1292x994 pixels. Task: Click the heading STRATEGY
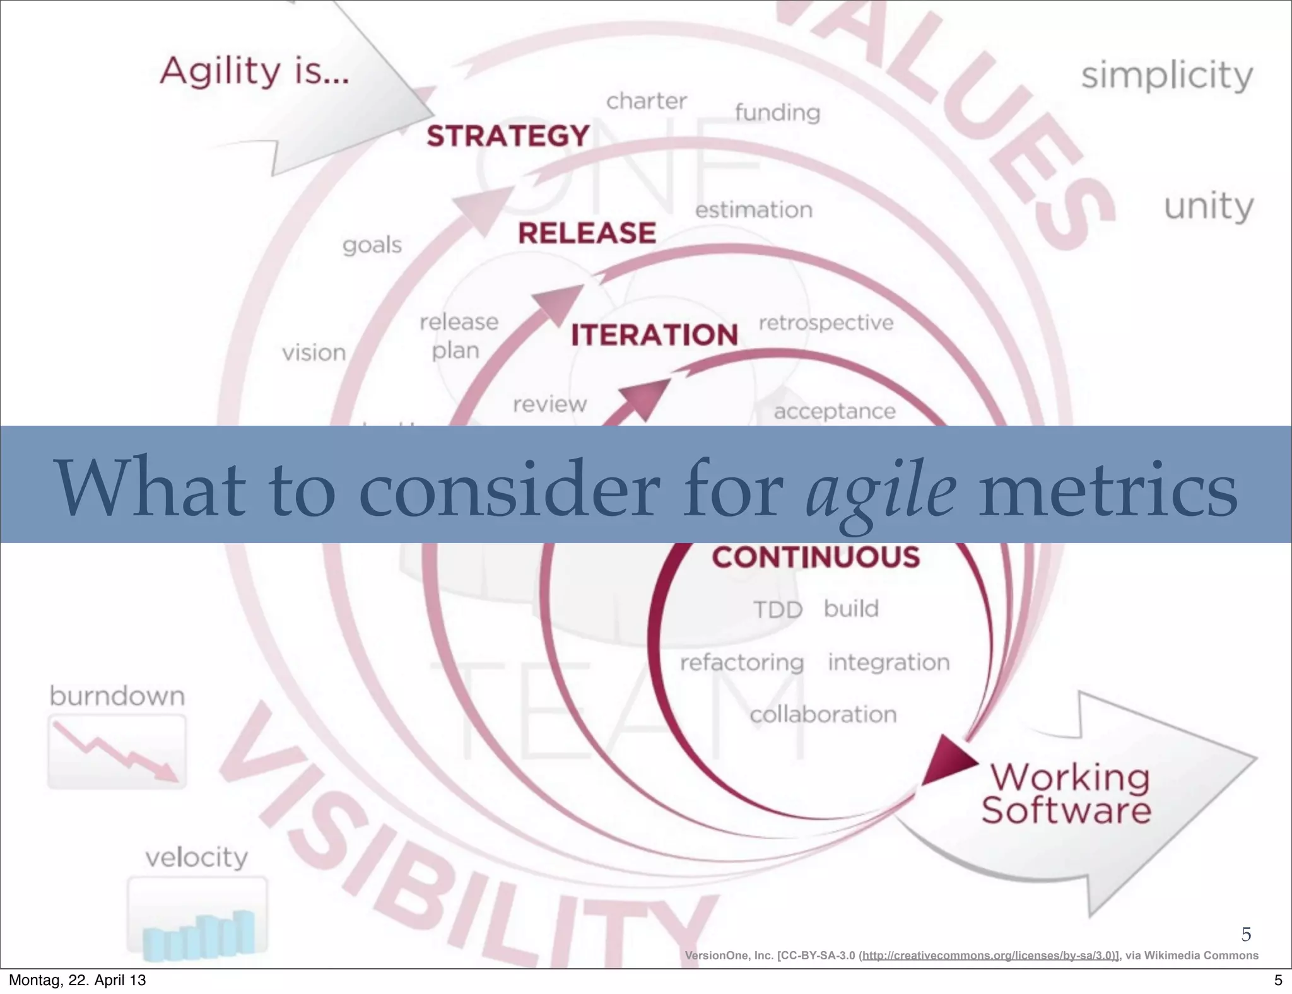click(508, 136)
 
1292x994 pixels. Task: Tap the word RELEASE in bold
click(587, 233)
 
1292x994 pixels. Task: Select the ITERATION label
click(654, 335)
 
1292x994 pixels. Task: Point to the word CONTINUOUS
click(816, 558)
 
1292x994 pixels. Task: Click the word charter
click(646, 102)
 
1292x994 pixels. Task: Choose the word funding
click(777, 113)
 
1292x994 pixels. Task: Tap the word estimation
click(754, 210)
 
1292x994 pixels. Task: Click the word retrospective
click(826, 323)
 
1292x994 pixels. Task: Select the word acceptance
click(835, 412)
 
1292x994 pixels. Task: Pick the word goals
click(372, 245)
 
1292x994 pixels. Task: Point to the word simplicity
click(1167, 76)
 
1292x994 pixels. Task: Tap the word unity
click(1208, 206)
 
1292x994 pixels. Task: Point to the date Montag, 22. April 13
click(77, 980)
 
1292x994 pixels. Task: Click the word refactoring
click(741, 663)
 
